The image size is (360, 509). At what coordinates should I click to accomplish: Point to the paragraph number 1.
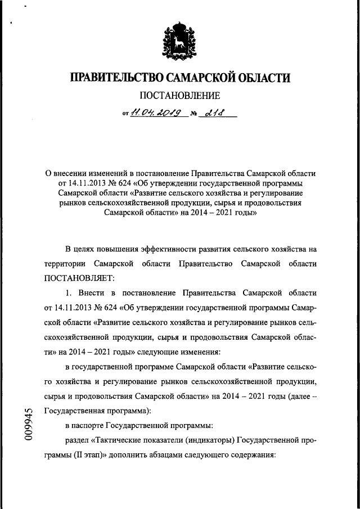point(69,293)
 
